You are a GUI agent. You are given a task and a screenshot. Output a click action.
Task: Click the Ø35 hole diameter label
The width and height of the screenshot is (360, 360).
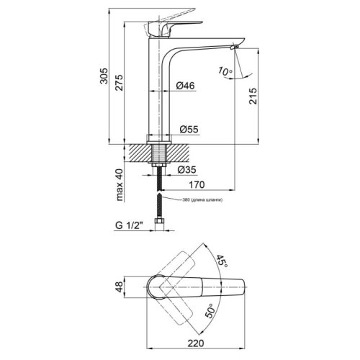click(186, 170)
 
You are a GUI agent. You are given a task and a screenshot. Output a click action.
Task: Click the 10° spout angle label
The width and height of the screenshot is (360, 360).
click(225, 72)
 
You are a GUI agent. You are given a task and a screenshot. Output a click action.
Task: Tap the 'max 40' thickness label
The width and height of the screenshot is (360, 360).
click(121, 186)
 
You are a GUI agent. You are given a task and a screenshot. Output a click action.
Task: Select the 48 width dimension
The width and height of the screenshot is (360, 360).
click(120, 289)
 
